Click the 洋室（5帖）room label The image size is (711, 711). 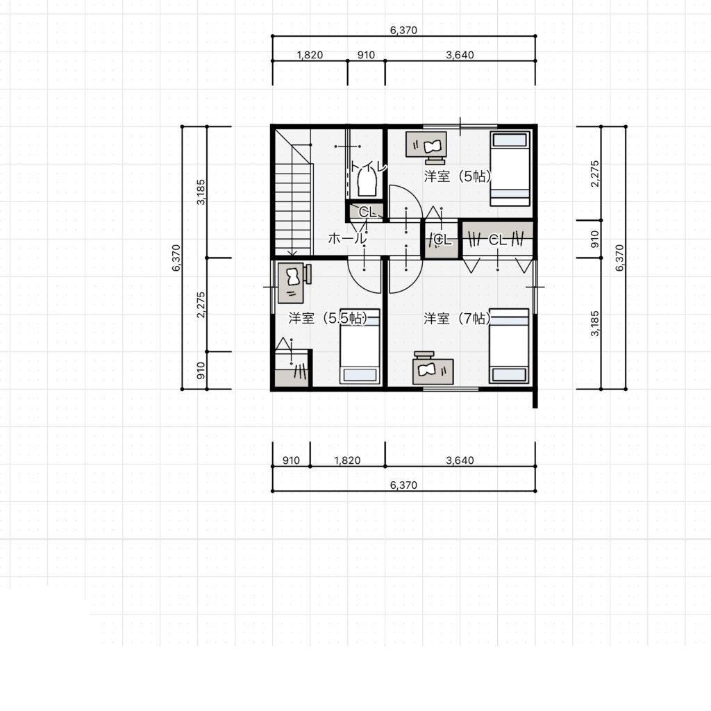coord(458,176)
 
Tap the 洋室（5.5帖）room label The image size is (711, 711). coord(328,318)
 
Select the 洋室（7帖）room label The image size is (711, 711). coord(457,318)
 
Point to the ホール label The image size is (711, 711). coord(347,238)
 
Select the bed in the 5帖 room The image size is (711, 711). coord(510,169)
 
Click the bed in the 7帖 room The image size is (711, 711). coord(509,346)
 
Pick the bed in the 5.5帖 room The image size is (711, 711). coord(360,346)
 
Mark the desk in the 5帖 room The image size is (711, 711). coord(426,145)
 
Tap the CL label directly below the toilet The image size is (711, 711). coord(367,212)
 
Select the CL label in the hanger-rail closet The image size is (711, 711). coord(497,240)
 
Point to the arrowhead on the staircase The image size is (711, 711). coord(292,253)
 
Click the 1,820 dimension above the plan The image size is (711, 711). coord(310,55)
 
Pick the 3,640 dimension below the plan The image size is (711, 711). coord(460,460)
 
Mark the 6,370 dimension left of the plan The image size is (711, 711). coord(176,258)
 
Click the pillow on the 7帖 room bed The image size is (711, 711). coord(509,374)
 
